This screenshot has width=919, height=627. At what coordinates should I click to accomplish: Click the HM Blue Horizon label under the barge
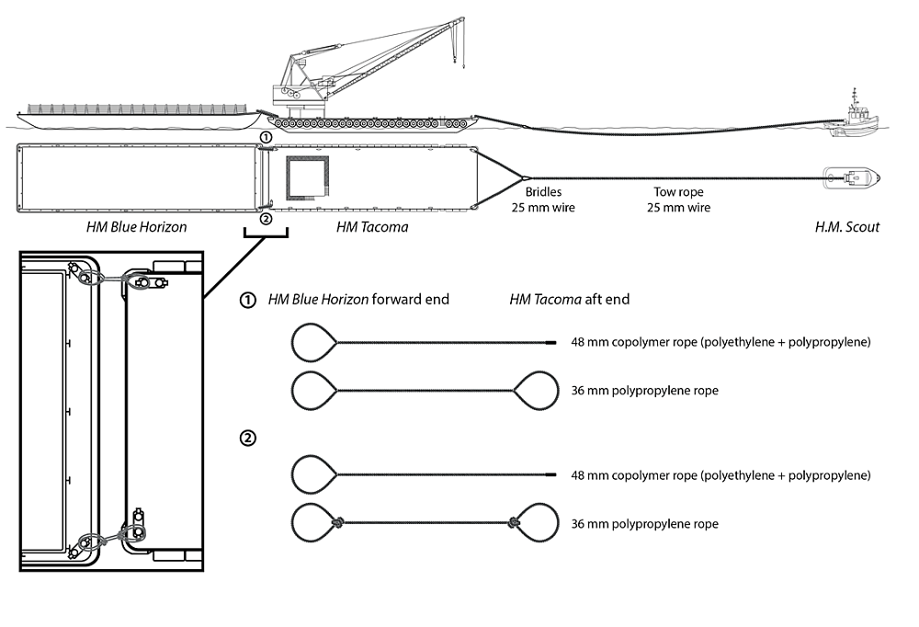pyautogui.click(x=134, y=226)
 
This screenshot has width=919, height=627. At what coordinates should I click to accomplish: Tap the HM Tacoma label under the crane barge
pyautogui.click(x=372, y=226)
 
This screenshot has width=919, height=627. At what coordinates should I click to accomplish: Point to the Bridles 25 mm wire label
pyautogui.click(x=537, y=200)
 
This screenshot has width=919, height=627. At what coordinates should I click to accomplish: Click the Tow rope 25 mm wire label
pyautogui.click(x=675, y=200)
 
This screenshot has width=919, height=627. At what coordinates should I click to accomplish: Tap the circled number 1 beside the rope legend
pyautogui.click(x=247, y=301)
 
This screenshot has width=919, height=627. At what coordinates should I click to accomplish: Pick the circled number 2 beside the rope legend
pyautogui.click(x=247, y=439)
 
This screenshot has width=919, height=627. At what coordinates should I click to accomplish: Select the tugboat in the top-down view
pyautogui.click(x=852, y=177)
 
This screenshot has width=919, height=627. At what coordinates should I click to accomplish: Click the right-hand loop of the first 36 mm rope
pyautogui.click(x=535, y=392)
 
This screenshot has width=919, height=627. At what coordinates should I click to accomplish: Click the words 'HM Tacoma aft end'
pyautogui.click(x=569, y=301)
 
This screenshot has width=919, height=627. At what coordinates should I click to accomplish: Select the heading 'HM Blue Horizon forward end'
pyautogui.click(x=358, y=301)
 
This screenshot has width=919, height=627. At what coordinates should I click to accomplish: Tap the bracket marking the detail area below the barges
pyautogui.click(x=266, y=234)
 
